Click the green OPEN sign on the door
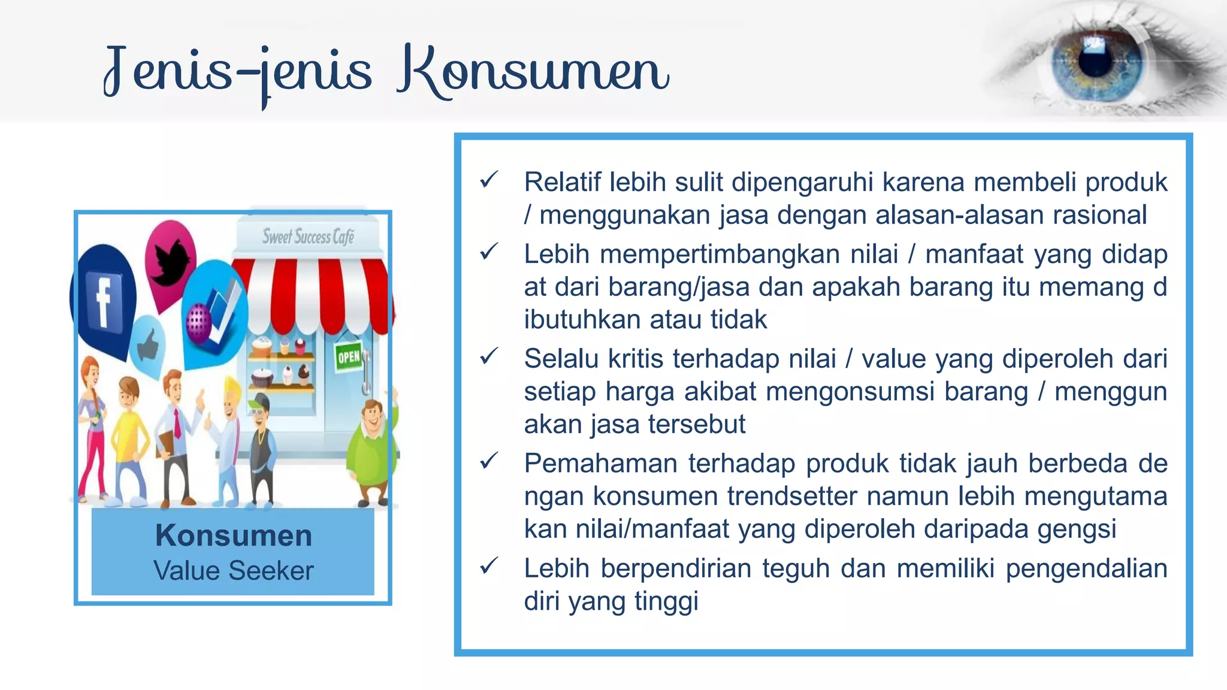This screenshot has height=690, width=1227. coord(348,358)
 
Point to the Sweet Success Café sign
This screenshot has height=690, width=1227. coord(308,237)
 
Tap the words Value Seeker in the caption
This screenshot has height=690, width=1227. coord(233,570)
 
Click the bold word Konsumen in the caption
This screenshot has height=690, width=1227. coord(233,535)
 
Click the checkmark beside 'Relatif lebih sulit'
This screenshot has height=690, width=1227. coord(489,179)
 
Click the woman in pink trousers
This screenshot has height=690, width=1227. coord(93,425)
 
